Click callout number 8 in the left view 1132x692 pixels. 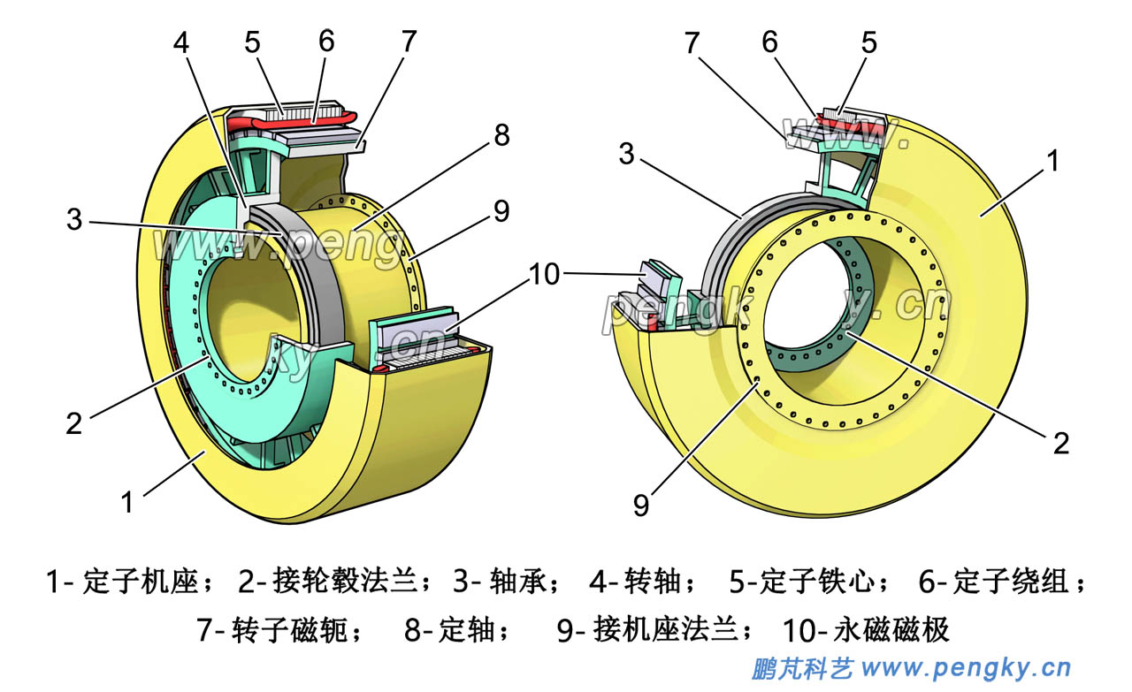point(501,135)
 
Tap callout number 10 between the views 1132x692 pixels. point(545,275)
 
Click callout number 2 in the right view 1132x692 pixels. point(1060,442)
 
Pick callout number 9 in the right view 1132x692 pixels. point(640,505)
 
